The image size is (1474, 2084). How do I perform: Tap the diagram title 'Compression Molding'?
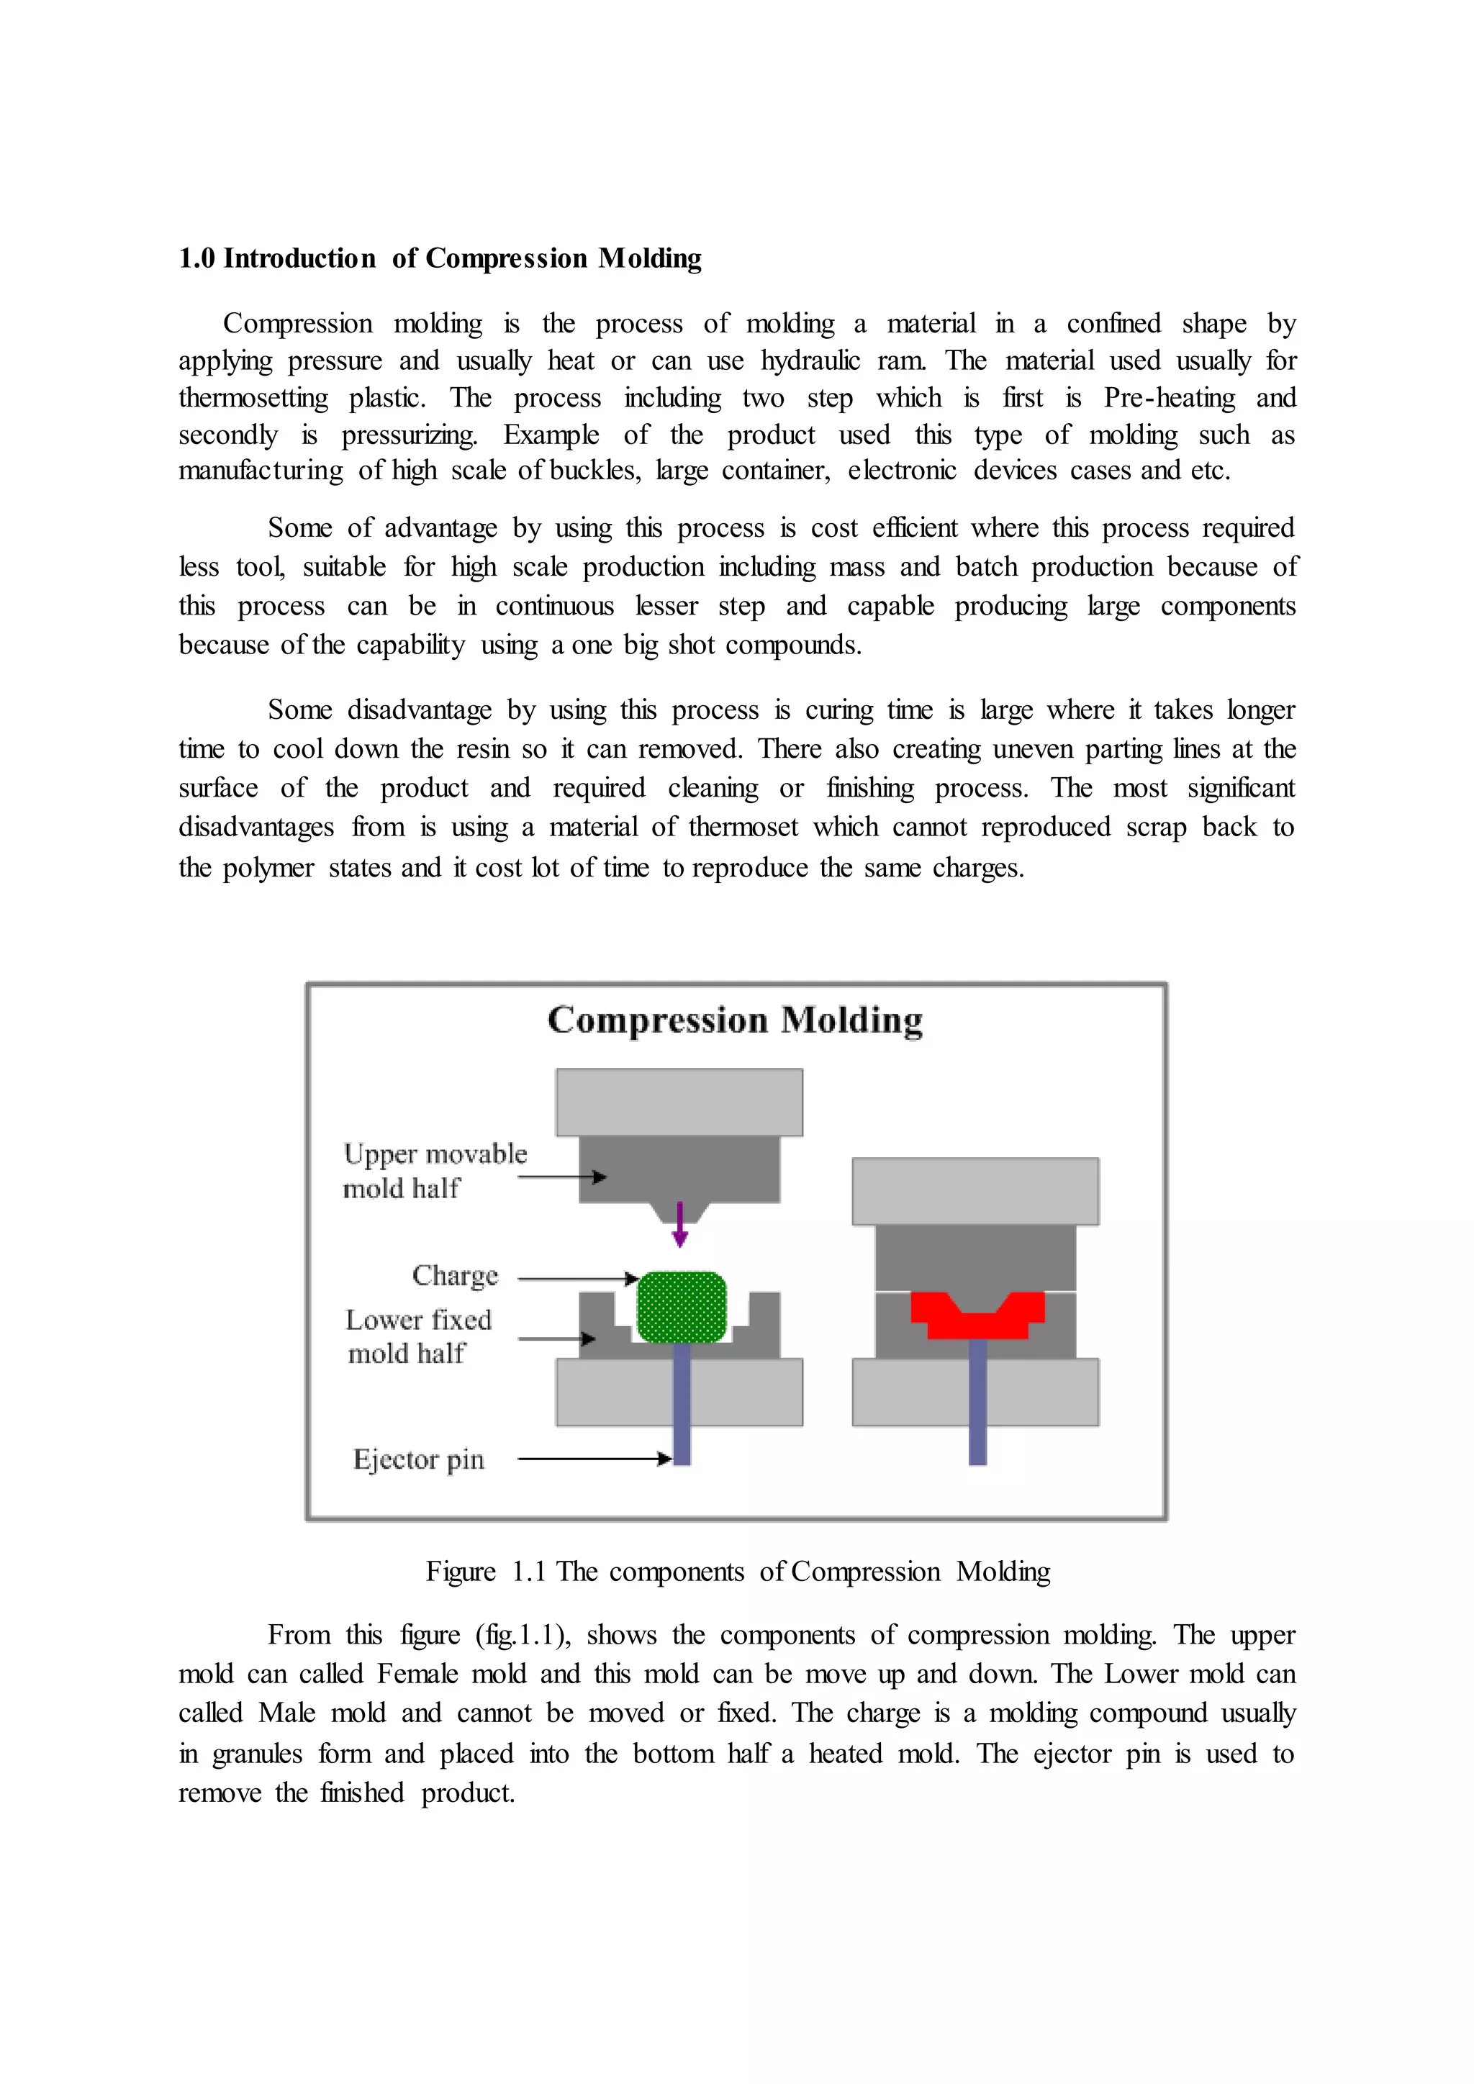735,1020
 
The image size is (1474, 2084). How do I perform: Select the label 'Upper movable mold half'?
434,1171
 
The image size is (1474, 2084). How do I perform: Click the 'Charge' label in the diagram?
455,1276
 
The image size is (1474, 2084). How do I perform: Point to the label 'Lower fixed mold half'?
417,1336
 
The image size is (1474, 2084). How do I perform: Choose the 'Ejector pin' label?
418,1459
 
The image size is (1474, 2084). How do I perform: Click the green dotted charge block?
682,1307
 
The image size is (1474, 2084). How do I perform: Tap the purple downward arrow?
680,1225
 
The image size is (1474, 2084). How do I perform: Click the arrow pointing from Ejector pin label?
594,1459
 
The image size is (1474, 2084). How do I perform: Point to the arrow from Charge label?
577,1279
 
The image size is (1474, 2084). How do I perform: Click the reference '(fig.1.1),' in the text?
523,1635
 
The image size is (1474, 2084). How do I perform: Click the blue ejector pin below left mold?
682,1416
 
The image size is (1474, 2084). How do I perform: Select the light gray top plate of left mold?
679,1102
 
